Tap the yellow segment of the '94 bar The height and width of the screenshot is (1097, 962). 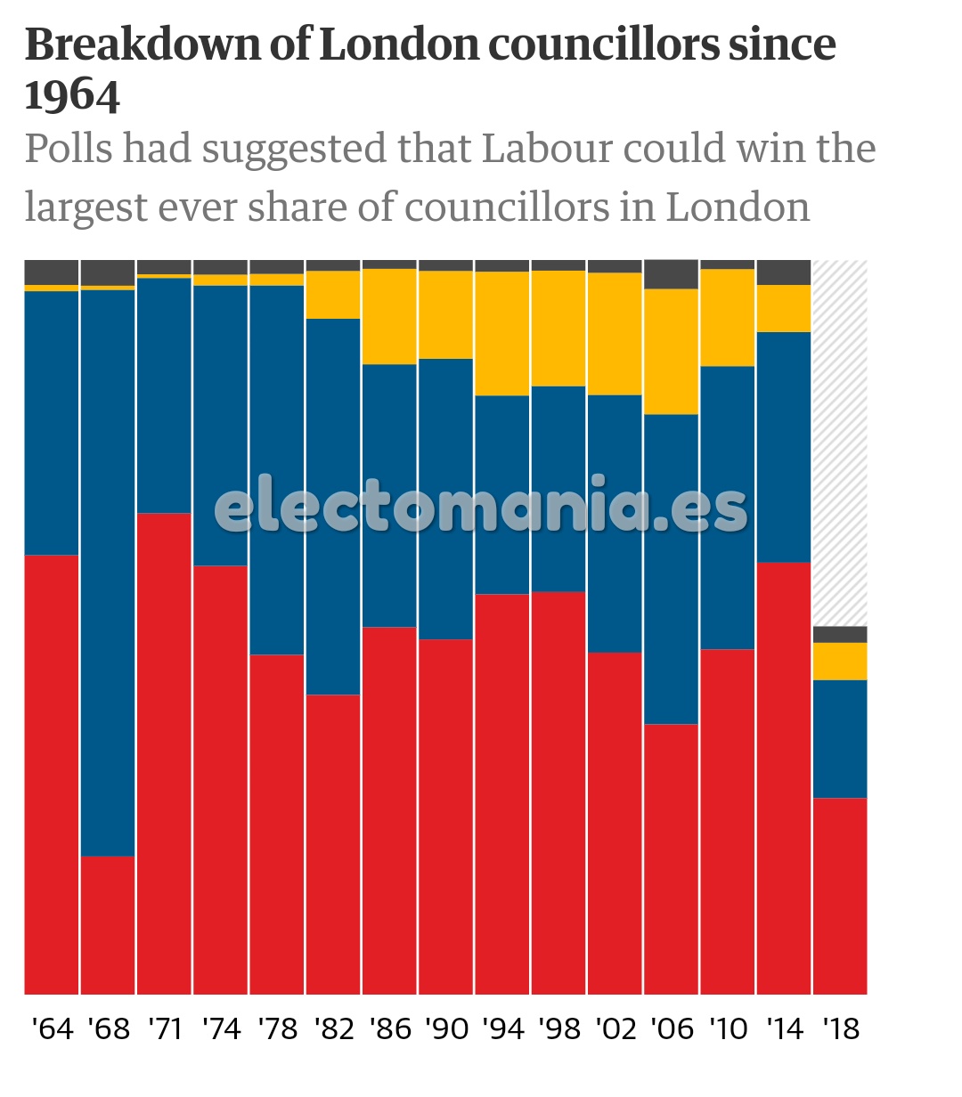tap(502, 333)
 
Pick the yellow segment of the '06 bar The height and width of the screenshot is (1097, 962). tap(671, 351)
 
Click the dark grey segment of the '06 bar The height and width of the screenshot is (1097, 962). tap(671, 274)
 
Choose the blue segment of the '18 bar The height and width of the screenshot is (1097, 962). tap(840, 738)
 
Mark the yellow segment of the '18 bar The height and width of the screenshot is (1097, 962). tap(840, 661)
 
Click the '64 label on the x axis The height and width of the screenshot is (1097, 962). tap(52, 1028)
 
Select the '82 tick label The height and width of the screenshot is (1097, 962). tap(334, 1028)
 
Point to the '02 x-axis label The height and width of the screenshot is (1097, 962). tap(616, 1028)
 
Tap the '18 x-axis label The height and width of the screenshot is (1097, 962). tap(840, 1028)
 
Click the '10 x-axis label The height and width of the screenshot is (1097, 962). tap(728, 1028)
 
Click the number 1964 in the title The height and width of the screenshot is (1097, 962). tap(72, 95)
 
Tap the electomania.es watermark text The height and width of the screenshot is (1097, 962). tap(481, 508)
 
